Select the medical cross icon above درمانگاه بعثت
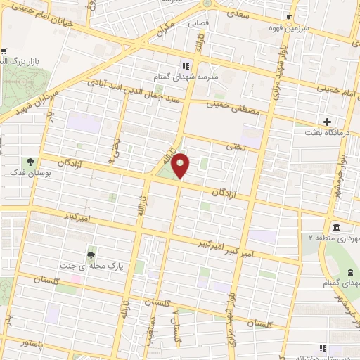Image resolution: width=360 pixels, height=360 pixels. pos(326,120)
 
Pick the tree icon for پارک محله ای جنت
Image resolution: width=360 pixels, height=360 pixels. pos(90,255)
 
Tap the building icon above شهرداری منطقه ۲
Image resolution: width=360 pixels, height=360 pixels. pos(337,228)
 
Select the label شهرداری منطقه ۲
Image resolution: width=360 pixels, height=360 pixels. pos(335,239)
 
